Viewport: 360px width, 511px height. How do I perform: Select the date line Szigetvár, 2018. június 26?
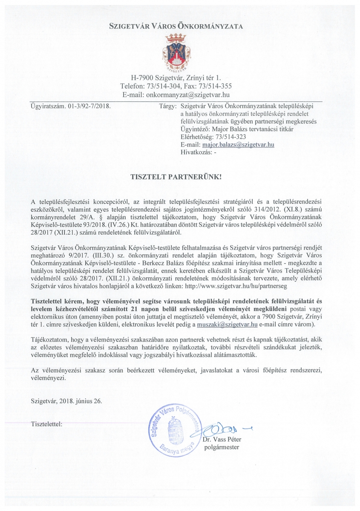(x=66, y=401)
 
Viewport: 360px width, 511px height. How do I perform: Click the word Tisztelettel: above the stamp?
(x=47, y=424)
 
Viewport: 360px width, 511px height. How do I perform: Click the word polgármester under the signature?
(x=222, y=447)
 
